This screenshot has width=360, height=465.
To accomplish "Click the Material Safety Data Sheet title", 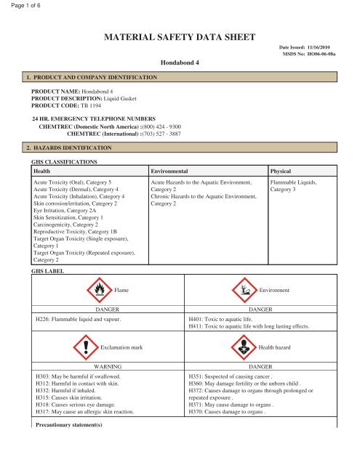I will click(x=180, y=34).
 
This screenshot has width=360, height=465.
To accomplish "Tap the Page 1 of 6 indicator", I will click(x=20, y=6).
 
